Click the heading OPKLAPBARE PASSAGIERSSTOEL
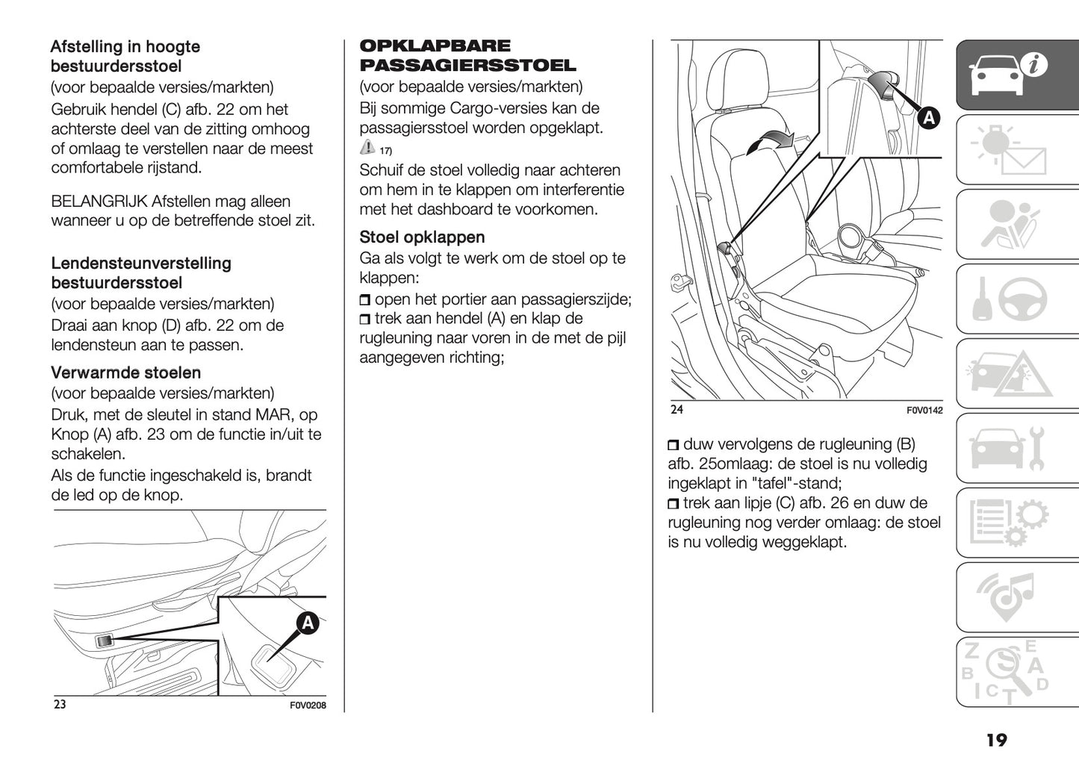click(x=467, y=56)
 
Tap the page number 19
click(x=996, y=740)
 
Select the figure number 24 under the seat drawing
click(x=677, y=409)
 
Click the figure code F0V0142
click(x=924, y=411)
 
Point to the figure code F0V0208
click(x=308, y=706)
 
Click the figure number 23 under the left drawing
click(x=60, y=704)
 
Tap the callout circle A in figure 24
click(x=928, y=118)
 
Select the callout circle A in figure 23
click(x=308, y=623)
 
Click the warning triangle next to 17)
click(x=367, y=147)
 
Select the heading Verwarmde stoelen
click(x=125, y=373)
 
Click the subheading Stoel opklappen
click(x=422, y=237)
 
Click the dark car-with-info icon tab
click(x=1017, y=75)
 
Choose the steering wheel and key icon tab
click(x=1017, y=299)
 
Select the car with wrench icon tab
click(x=1017, y=448)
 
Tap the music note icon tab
click(x=1017, y=597)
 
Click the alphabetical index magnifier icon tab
click(x=1017, y=672)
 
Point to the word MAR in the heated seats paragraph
click(x=277, y=415)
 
